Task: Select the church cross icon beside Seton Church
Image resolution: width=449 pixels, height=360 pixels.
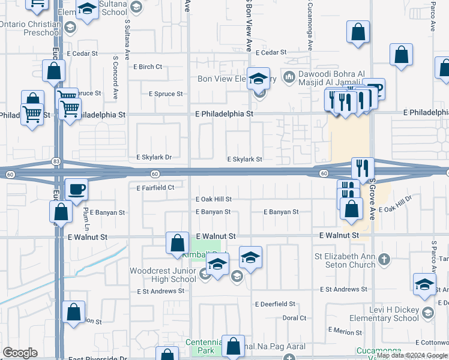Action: click(385, 260)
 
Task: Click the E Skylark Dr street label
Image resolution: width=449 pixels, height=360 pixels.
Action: click(154, 158)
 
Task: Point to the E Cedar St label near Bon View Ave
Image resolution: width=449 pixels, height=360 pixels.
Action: click(271, 53)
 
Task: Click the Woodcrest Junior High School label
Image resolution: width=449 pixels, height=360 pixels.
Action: click(163, 275)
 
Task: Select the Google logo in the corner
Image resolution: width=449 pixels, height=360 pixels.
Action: click(20, 353)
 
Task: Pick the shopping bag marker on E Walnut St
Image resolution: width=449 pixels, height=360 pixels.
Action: click(177, 243)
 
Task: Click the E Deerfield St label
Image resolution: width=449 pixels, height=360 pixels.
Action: click(275, 304)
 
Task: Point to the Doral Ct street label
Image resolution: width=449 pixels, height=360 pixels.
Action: click(294, 318)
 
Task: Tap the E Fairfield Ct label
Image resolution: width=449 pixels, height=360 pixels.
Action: click(155, 188)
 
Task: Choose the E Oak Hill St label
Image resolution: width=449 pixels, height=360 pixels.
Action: click(213, 199)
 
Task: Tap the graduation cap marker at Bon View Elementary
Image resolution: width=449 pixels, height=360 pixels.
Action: click(259, 79)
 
